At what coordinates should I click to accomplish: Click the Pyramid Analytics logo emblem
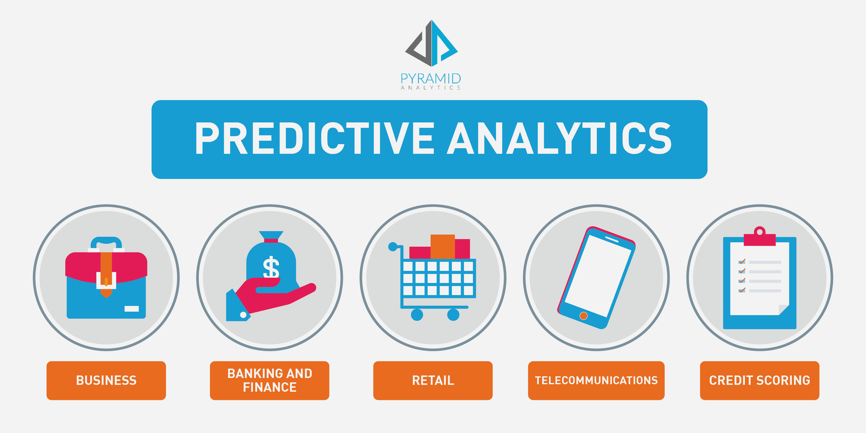coord(432,43)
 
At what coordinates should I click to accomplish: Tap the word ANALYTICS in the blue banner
coord(560,139)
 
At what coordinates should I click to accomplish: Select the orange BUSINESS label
coord(106,381)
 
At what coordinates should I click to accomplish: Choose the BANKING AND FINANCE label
coord(270,381)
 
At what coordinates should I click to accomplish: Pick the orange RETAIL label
coord(433,381)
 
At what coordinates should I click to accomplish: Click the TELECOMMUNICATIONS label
coord(596,381)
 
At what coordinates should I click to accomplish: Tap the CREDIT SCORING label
coord(759,381)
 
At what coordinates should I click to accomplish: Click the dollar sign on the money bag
coord(271,268)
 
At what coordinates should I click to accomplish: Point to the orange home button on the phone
coord(583,316)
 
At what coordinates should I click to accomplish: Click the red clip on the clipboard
coord(759,236)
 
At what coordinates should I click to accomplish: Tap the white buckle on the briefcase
coord(106,280)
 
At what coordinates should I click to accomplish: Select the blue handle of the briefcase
coord(106,243)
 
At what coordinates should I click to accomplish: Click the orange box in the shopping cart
coord(442,246)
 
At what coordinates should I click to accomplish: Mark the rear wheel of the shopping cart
coord(417,315)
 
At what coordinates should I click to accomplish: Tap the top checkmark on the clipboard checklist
coord(742,261)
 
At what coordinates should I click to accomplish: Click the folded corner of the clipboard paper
coord(784,310)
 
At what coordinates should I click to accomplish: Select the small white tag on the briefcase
coord(132,309)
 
